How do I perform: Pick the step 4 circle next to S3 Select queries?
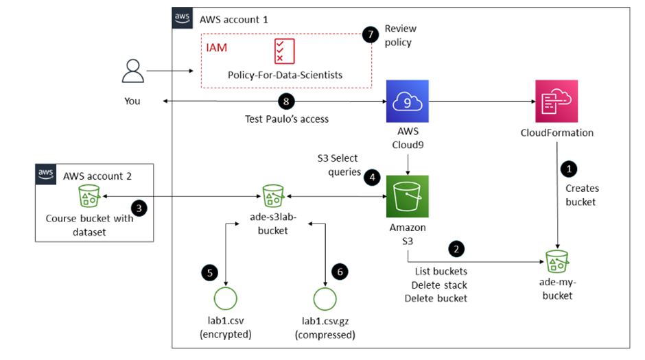pos(373,177)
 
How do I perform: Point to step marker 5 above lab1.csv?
pos(206,273)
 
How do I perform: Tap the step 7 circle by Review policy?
pos(371,36)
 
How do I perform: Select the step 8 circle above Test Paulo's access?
pos(286,101)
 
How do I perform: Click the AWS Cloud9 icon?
pos(407,101)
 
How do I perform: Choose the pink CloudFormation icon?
pos(556,101)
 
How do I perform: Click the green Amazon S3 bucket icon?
pos(407,197)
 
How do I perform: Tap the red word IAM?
pos(217,48)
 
